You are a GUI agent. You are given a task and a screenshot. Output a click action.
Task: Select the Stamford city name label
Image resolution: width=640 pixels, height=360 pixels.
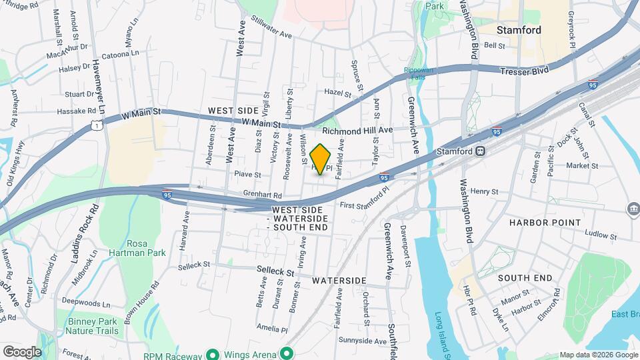pos(519,30)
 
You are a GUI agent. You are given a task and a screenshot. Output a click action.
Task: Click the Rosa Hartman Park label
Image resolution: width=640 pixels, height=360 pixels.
pos(137,248)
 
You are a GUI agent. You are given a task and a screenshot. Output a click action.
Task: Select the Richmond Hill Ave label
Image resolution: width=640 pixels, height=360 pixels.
pos(357,130)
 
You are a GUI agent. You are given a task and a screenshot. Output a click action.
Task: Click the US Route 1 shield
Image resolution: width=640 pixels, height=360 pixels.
pos(98,124)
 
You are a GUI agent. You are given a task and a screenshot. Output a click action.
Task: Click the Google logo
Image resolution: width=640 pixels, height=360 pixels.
pos(22,351)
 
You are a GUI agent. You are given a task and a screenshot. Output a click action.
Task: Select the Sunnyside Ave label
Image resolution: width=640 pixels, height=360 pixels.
pos(361,341)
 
